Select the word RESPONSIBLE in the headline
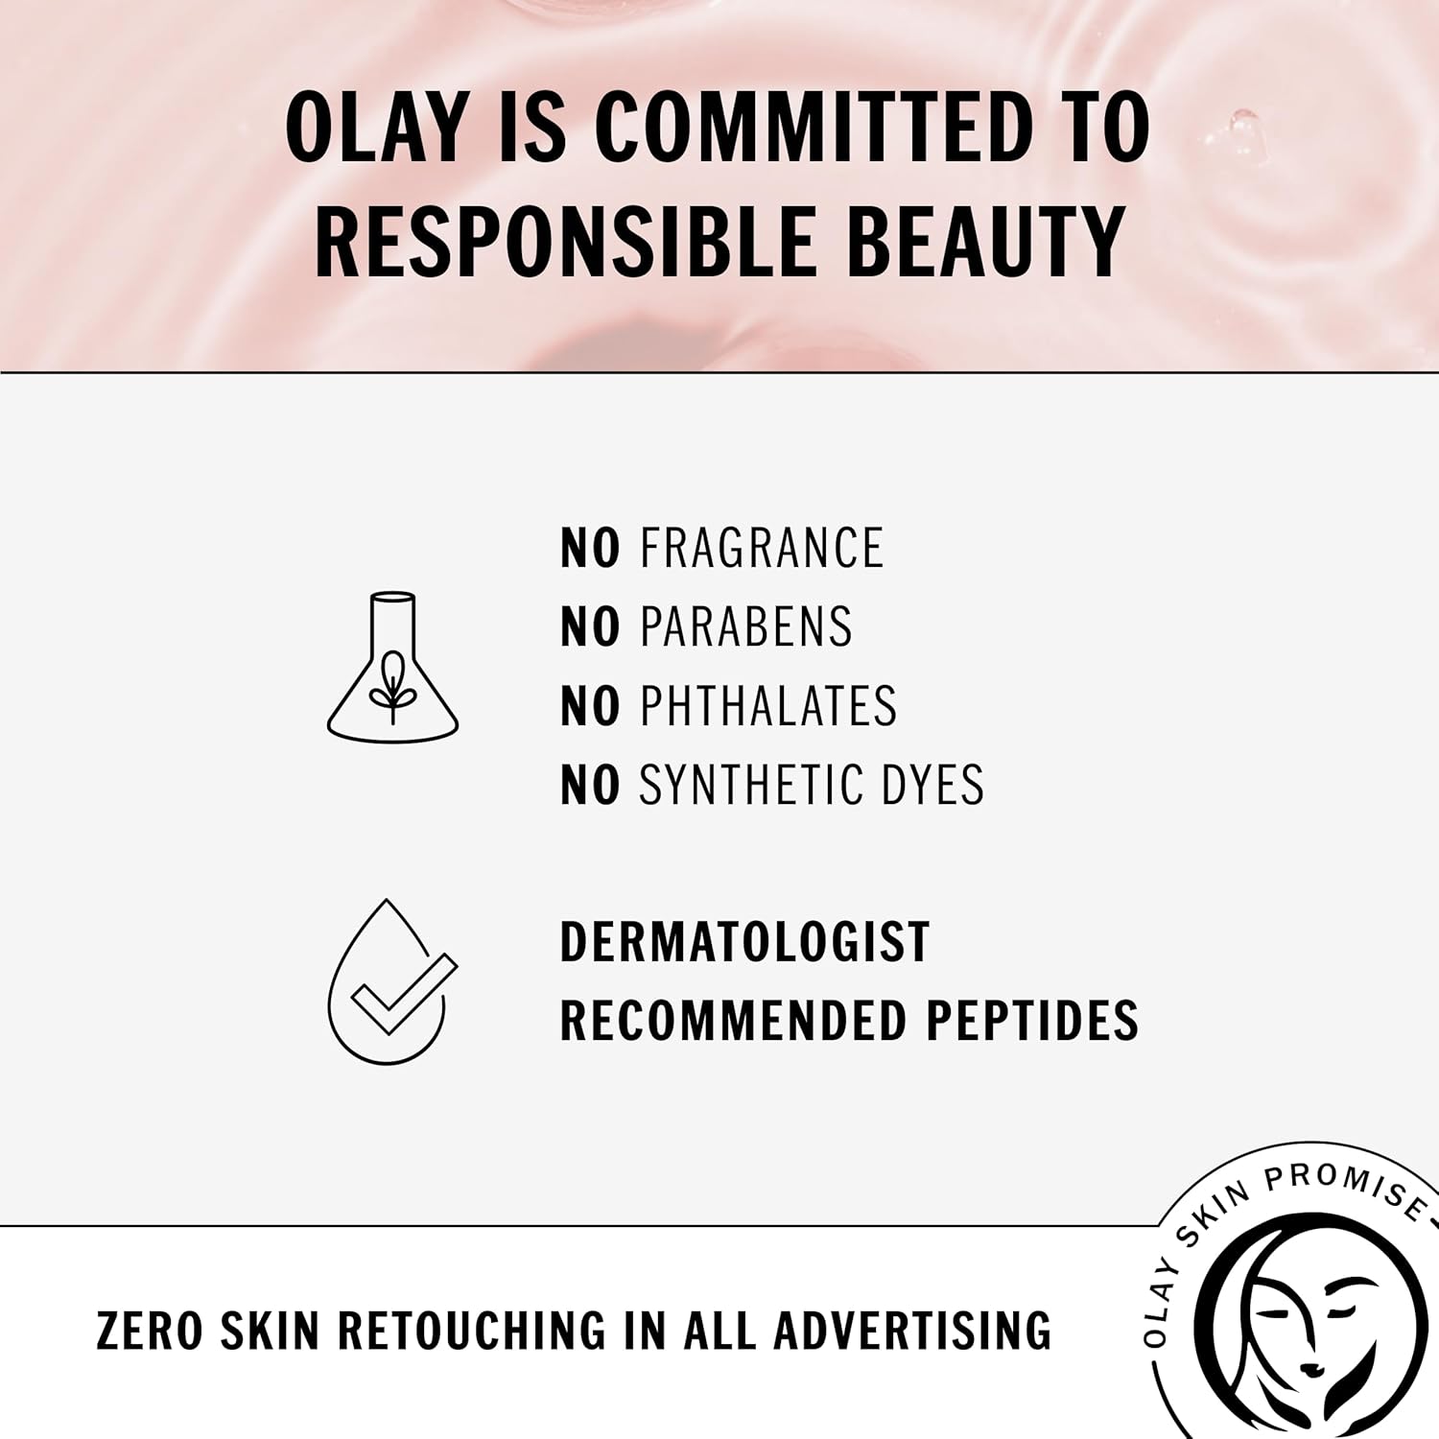[566, 241]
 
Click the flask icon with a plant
[392, 669]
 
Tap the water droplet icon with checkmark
[390, 982]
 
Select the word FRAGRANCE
[762, 549]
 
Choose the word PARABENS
[746, 627]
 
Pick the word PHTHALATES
[768, 706]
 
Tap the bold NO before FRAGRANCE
[590, 549]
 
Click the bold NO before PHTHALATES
[590, 706]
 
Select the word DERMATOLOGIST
[744, 942]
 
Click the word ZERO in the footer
[150, 1332]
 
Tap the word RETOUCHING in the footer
[473, 1332]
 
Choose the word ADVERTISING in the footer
[912, 1332]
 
